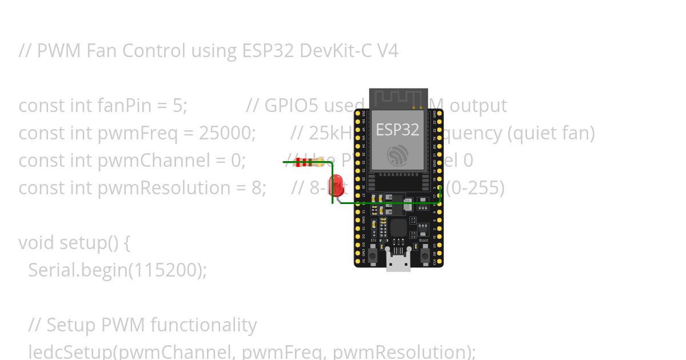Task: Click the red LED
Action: coord(338,185)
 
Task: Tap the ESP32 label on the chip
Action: coord(397,130)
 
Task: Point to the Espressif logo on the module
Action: coord(397,155)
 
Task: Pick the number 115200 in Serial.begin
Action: coord(163,270)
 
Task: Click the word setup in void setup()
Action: coord(83,243)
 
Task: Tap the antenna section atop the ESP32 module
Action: coord(398,98)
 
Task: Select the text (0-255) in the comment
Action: coord(475,188)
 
